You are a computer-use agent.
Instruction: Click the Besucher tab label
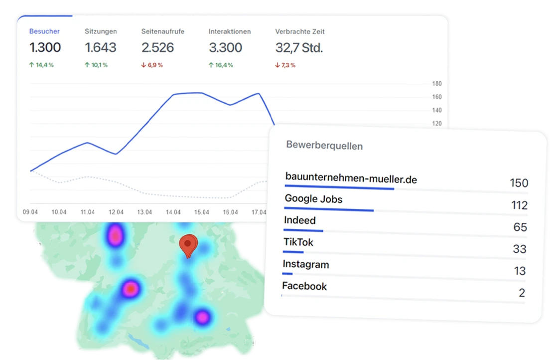click(44, 31)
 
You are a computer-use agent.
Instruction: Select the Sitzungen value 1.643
click(101, 48)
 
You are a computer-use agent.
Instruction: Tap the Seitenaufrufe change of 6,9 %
click(152, 65)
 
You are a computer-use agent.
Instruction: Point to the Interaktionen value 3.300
click(225, 48)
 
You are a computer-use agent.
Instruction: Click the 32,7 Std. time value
click(299, 48)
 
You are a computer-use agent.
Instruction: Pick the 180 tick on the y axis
click(437, 84)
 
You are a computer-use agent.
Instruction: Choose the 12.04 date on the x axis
click(116, 212)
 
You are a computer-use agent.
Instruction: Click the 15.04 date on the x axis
click(202, 212)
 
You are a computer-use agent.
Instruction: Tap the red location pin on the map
click(188, 244)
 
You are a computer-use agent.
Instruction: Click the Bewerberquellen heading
click(324, 146)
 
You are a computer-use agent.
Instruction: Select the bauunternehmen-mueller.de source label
click(351, 178)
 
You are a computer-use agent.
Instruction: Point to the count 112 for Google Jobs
click(519, 205)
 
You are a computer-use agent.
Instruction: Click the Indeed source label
click(300, 220)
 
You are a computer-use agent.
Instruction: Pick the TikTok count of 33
click(519, 249)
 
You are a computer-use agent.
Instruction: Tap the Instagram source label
click(306, 264)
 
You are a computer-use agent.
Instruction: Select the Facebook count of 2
click(522, 293)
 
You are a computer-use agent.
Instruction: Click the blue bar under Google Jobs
click(329, 209)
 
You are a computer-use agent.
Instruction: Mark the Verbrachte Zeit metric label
click(300, 31)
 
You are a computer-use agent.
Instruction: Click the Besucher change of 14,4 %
click(42, 65)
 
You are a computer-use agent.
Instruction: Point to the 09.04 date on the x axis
click(30, 212)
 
